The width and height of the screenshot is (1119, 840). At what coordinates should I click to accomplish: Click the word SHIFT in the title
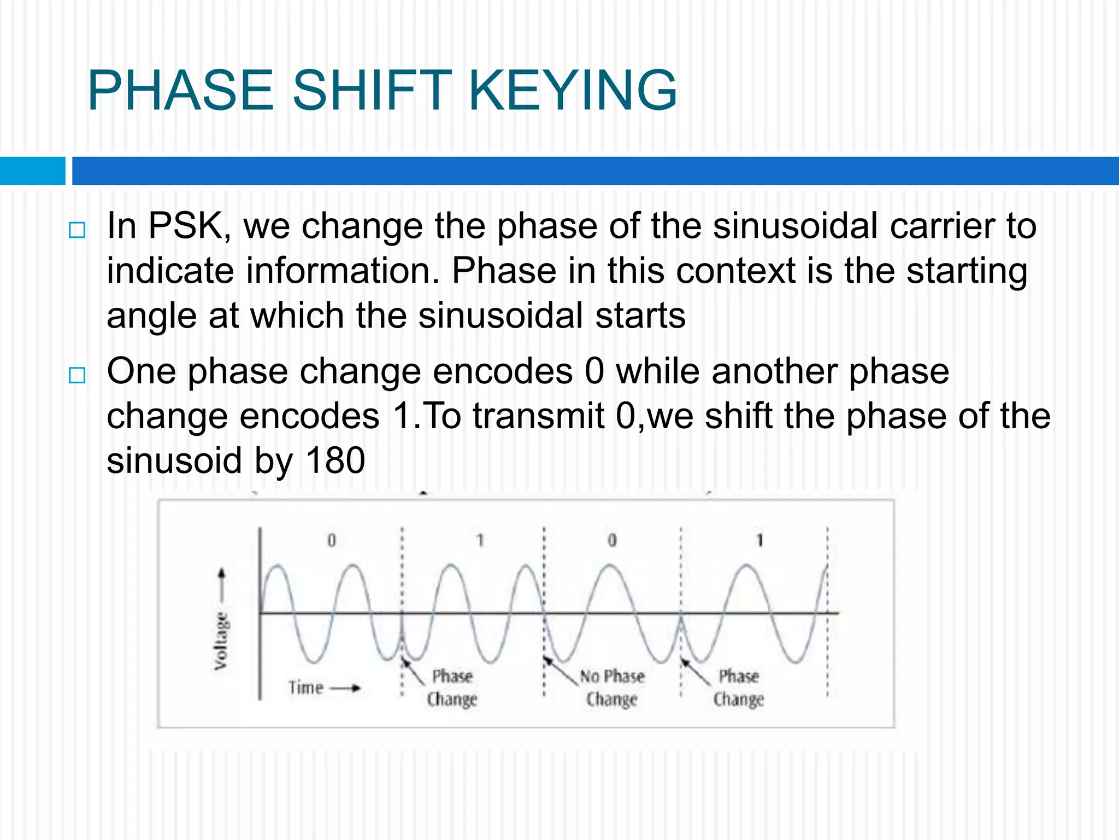coord(372,90)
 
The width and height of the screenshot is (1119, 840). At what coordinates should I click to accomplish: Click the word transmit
coord(538,416)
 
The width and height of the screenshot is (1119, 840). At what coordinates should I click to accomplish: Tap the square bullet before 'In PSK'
coord(78,230)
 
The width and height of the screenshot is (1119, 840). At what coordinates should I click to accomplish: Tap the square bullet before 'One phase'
coord(78,375)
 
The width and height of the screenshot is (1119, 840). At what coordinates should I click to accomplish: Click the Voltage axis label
coord(221,640)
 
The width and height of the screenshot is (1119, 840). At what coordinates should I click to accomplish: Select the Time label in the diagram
coord(306,687)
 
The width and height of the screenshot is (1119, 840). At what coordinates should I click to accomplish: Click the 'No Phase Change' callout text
coord(612,687)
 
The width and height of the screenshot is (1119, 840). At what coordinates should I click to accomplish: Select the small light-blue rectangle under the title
coord(32,171)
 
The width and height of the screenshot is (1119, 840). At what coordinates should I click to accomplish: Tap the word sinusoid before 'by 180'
coord(174,460)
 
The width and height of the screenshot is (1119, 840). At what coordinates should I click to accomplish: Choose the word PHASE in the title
coord(181,90)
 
